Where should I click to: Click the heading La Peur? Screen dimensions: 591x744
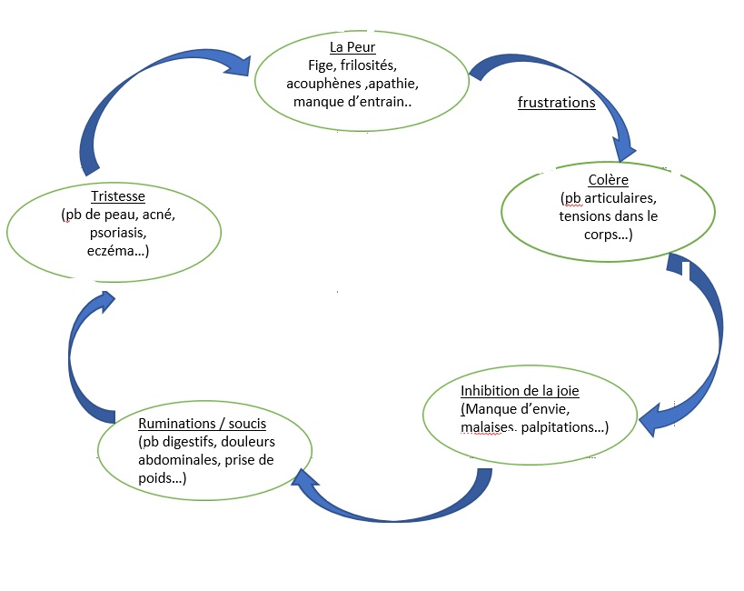(353, 46)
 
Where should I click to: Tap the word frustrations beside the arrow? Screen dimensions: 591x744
(556, 103)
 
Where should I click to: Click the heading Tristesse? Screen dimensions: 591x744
(117, 196)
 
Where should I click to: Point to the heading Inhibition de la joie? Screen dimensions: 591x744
(520, 391)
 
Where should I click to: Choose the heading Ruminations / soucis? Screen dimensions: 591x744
(202, 424)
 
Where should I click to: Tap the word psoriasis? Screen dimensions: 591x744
(117, 233)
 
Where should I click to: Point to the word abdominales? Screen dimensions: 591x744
(176, 460)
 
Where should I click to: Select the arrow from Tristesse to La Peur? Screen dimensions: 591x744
(118, 100)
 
